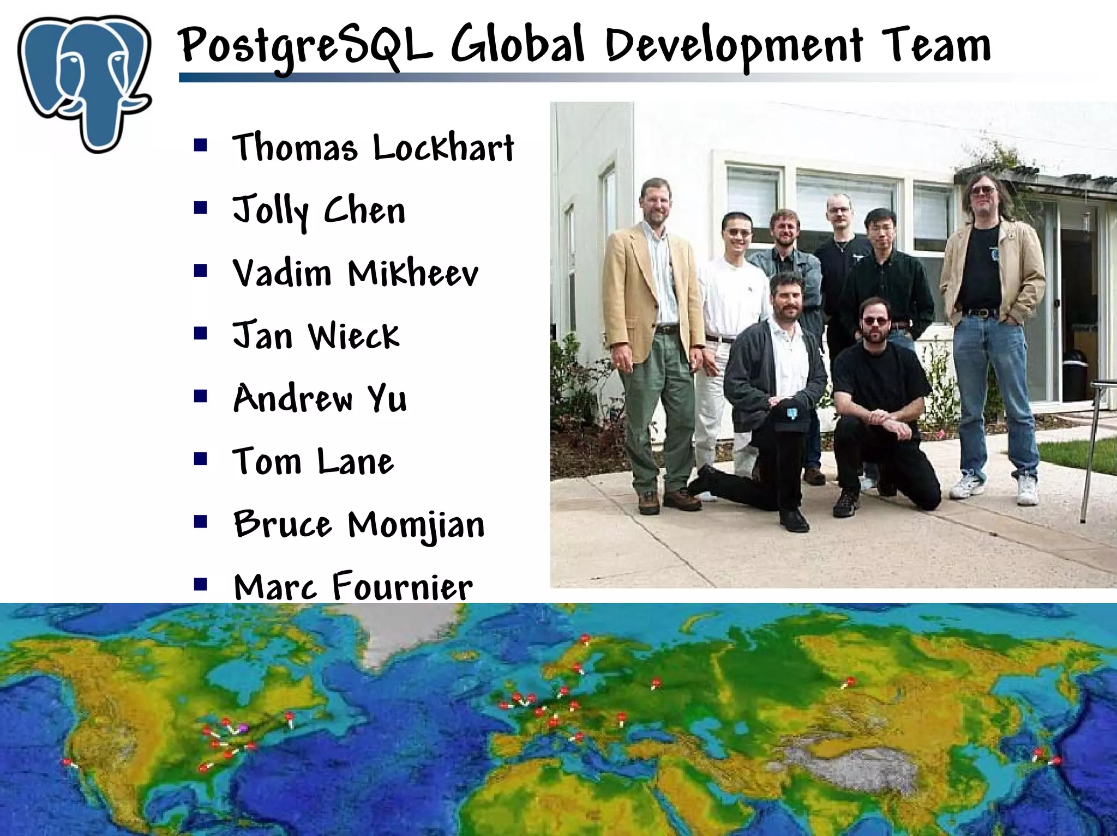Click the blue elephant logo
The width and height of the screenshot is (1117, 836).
point(85,82)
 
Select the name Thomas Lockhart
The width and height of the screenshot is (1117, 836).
point(374,147)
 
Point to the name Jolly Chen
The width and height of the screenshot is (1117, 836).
point(319,211)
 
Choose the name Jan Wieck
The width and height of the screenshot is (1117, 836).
point(316,336)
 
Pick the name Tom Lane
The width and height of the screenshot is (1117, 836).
point(313,462)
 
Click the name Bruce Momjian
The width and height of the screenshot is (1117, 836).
point(359,525)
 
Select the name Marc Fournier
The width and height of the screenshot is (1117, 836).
point(353,587)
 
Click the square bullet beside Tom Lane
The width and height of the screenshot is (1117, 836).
point(201,459)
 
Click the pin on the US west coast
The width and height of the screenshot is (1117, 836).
point(67,762)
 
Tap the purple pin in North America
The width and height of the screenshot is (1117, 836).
point(243,728)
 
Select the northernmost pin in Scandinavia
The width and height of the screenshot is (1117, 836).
point(585,638)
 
